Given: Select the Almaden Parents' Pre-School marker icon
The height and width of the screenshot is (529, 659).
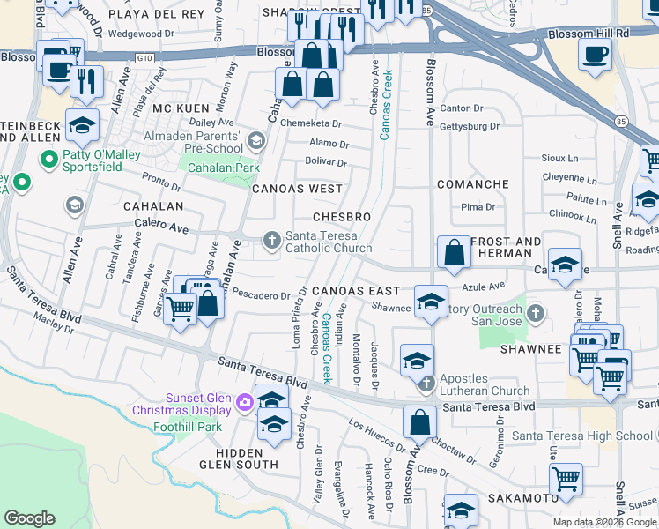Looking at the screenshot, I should [255, 140].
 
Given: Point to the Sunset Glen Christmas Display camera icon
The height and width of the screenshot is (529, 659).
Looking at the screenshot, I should [243, 404].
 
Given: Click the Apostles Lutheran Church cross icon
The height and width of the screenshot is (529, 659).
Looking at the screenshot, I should [426, 383].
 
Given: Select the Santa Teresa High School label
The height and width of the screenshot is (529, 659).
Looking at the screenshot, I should [581, 436].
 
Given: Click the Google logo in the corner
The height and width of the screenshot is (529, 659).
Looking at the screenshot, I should [29, 518].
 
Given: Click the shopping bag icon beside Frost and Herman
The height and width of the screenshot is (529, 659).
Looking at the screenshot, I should [453, 251].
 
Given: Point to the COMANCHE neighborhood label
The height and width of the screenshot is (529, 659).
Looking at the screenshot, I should [473, 184].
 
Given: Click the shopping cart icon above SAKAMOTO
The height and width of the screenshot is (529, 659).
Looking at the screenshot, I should [566, 481].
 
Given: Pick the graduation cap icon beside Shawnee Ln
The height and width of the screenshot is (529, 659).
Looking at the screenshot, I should [431, 302].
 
